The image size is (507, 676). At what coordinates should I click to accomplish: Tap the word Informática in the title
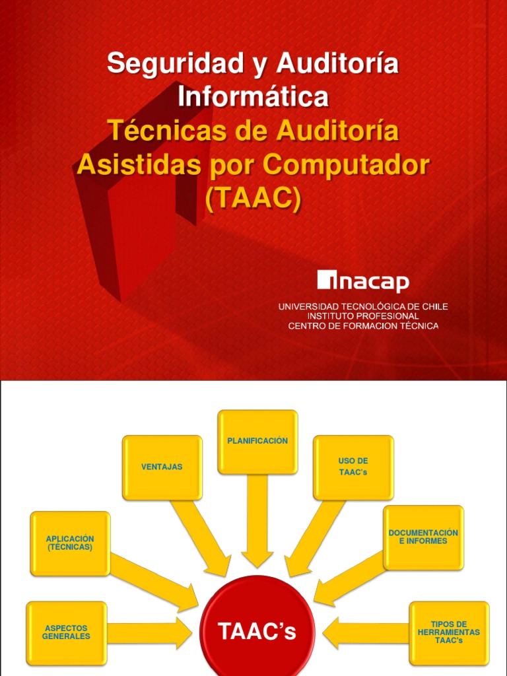[x=253, y=96]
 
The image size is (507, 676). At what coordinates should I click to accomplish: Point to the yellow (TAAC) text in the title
[x=253, y=198]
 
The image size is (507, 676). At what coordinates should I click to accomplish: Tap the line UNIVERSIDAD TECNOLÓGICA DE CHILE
[x=363, y=307]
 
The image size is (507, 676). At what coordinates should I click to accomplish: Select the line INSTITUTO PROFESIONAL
[x=363, y=316]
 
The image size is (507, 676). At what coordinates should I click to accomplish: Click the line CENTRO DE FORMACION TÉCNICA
[x=363, y=326]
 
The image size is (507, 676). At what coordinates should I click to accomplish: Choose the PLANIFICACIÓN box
[x=257, y=441]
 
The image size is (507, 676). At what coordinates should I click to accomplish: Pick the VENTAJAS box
[x=162, y=467]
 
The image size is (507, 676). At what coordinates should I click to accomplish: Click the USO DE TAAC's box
[x=353, y=467]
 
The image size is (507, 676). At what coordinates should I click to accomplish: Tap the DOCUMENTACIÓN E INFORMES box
[x=423, y=537]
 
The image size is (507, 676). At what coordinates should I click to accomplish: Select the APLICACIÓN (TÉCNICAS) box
[x=70, y=543]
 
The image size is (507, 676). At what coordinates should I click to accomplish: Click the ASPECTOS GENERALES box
[x=66, y=632]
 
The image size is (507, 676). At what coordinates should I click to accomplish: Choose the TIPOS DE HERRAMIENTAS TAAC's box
[x=449, y=632]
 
